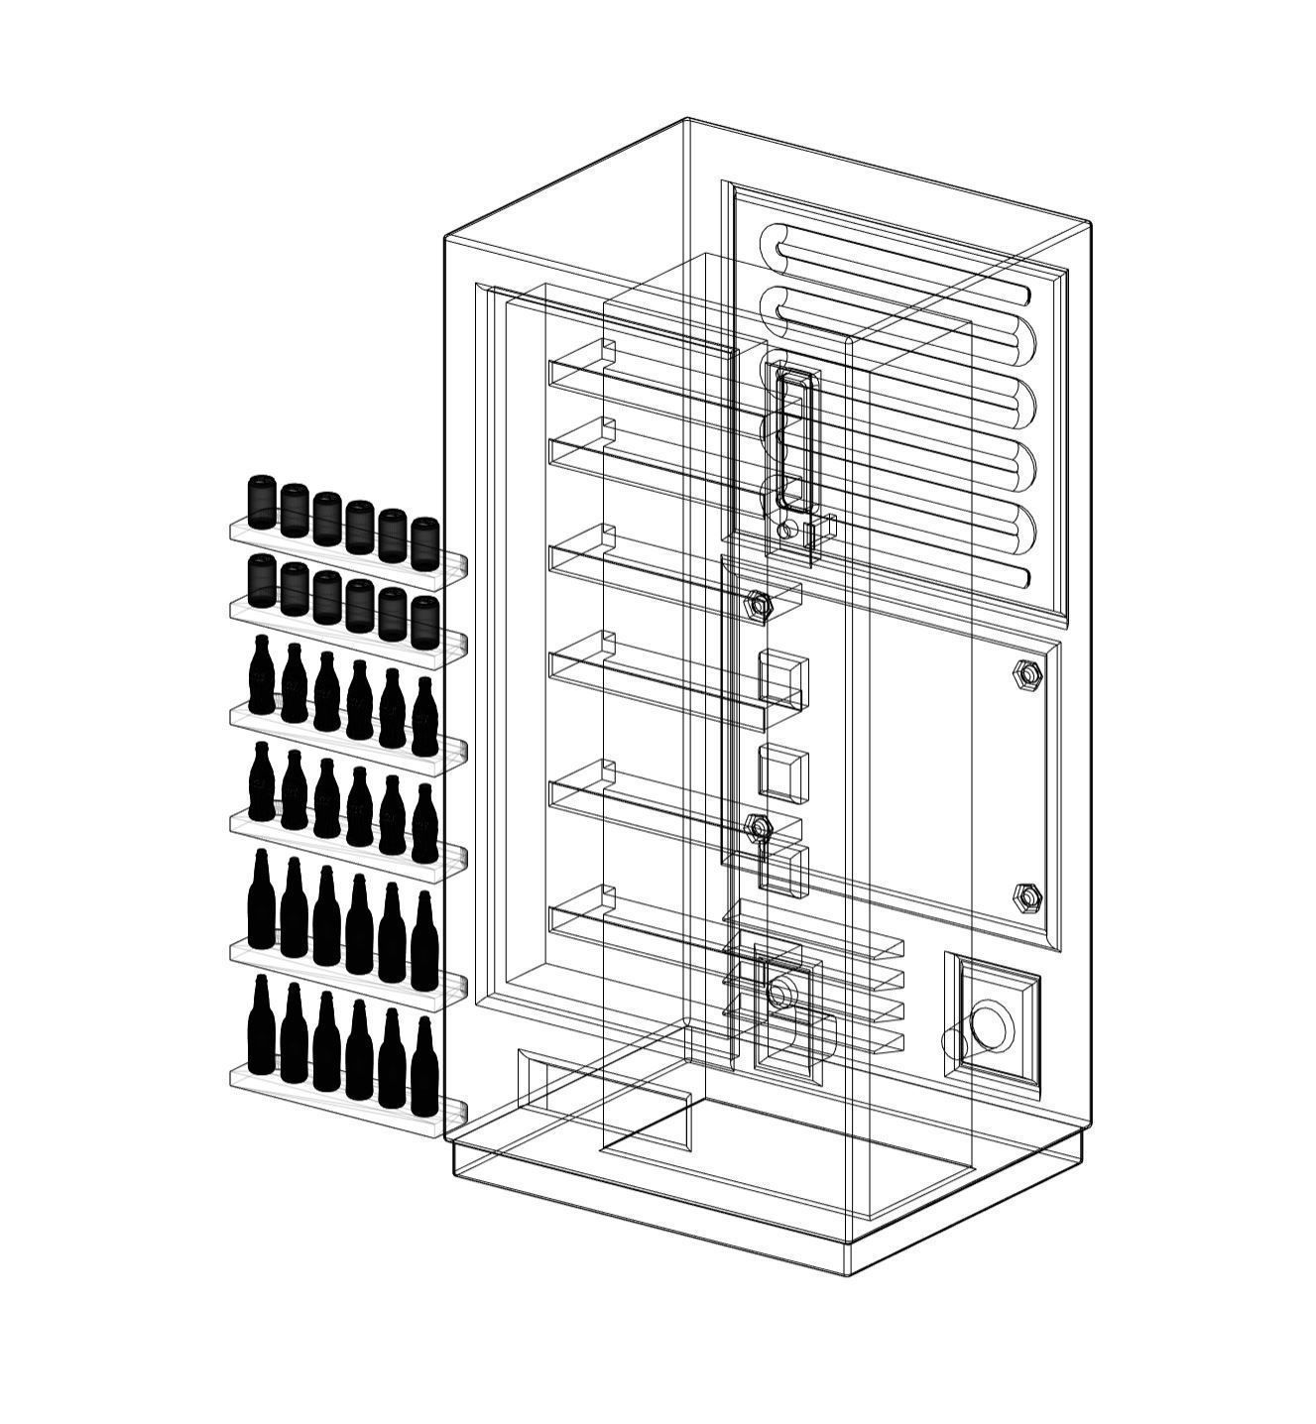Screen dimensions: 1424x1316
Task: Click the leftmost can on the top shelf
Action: pos(261,502)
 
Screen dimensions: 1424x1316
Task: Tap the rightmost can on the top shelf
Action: pos(424,542)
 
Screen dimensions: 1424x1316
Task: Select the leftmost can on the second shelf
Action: pos(261,580)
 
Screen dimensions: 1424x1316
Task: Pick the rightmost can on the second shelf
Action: pos(424,621)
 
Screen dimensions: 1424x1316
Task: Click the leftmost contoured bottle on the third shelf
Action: pos(261,676)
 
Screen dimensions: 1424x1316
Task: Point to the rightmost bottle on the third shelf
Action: pos(424,718)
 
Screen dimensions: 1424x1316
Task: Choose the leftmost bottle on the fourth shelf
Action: pos(261,783)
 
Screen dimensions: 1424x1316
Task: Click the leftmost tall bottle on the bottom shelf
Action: pos(261,1026)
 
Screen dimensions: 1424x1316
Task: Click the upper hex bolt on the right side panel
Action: pos(1027,674)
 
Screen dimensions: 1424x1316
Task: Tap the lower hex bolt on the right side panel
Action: pos(1027,897)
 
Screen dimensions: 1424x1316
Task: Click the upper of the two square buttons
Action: pos(783,679)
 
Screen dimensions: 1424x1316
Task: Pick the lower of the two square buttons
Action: pos(783,773)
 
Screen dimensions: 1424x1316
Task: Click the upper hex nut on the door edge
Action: pos(758,603)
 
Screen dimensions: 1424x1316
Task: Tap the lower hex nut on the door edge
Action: pos(759,826)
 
